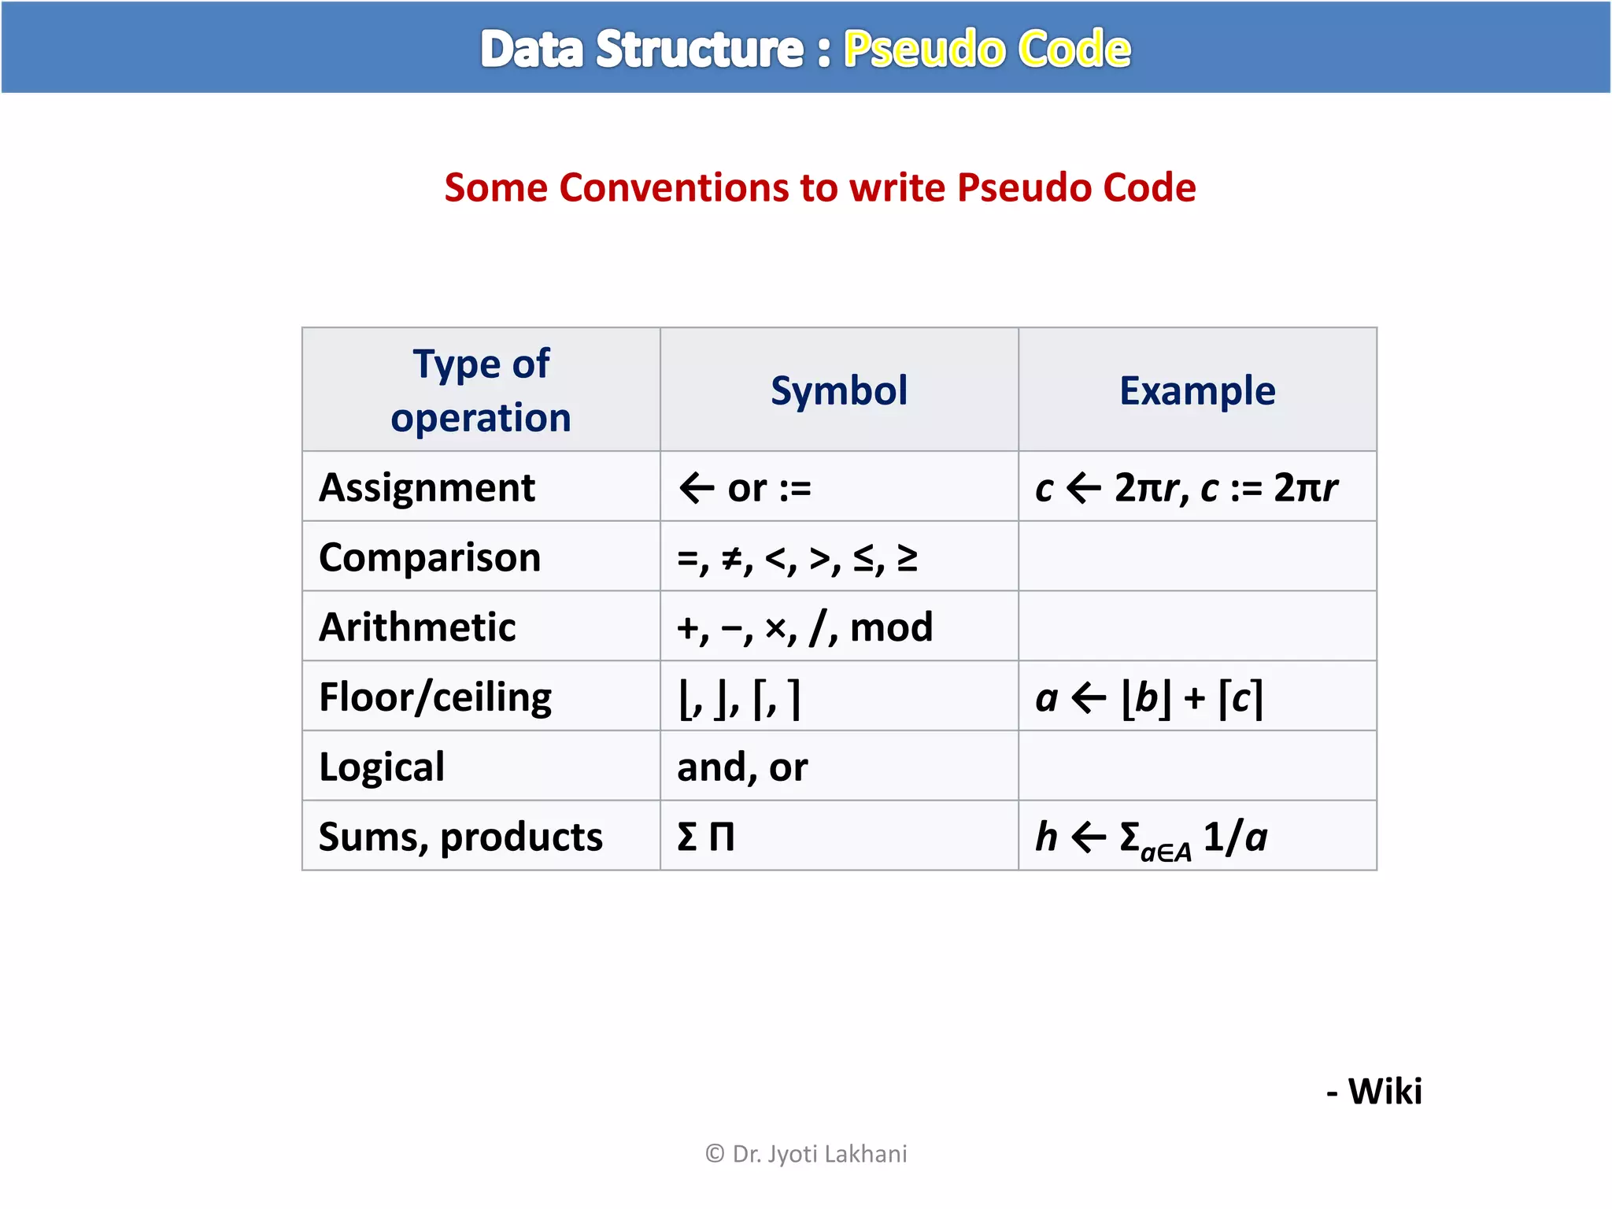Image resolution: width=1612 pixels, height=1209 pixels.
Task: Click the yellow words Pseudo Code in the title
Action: tap(986, 49)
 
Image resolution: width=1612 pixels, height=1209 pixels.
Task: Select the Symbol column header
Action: tap(838, 390)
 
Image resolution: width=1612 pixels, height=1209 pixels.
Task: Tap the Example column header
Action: tap(1196, 390)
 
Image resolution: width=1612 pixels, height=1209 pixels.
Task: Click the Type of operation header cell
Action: tap(481, 390)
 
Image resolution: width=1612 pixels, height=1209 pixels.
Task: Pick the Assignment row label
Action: tap(427, 487)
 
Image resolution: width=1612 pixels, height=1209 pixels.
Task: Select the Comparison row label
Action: tap(430, 557)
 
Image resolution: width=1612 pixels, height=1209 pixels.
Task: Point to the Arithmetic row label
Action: tap(417, 627)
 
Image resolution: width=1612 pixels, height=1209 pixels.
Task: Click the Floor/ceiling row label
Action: tap(435, 697)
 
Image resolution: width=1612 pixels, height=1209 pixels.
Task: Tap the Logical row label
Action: tap(382, 767)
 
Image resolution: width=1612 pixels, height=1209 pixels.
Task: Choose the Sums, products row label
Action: tap(460, 837)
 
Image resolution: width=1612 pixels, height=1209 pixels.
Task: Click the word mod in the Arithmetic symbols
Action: tap(891, 627)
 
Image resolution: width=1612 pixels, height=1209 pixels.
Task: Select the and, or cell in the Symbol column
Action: tap(742, 767)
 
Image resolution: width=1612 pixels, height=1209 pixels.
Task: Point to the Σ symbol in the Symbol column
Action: tap(687, 837)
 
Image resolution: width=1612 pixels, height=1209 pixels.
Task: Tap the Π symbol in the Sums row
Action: tap(722, 837)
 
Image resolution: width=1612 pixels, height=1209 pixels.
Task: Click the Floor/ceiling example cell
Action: tap(1149, 697)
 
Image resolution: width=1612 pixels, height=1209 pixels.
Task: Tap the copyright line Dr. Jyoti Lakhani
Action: tap(806, 1154)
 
